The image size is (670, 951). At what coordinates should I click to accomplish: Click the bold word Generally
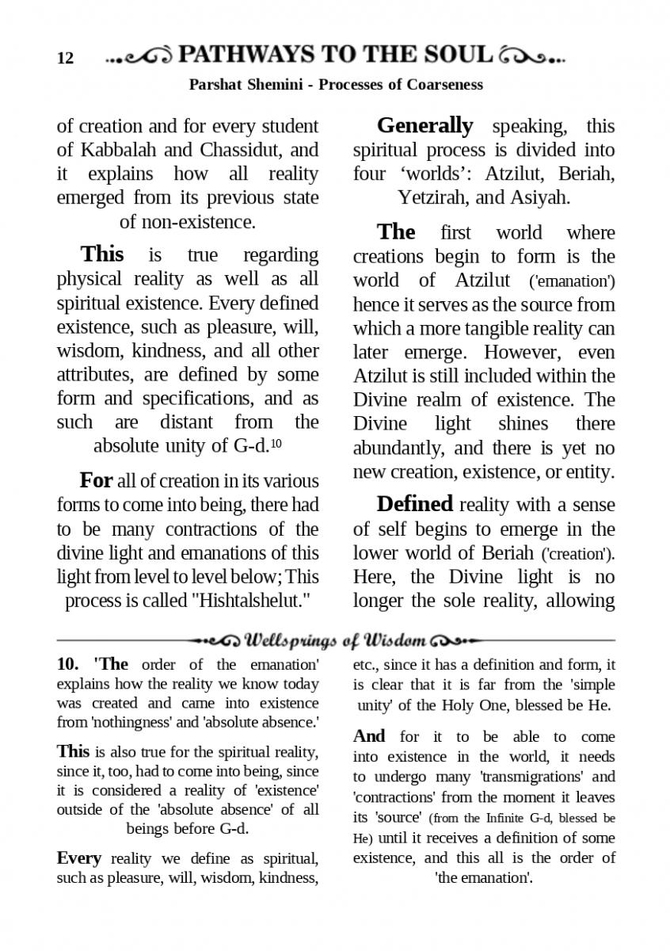pyautogui.click(x=424, y=126)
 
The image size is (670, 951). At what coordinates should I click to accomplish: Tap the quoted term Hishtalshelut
pyautogui.click(x=246, y=600)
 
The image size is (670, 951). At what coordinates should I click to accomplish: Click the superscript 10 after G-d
pyautogui.click(x=276, y=444)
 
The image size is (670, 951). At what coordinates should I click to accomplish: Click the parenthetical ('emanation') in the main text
pyautogui.click(x=572, y=281)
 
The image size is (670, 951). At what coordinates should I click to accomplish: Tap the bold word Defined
pyautogui.click(x=414, y=504)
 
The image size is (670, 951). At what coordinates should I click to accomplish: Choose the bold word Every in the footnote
pyautogui.click(x=79, y=858)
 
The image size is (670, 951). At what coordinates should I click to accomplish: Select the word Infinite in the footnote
pyautogui.click(x=525, y=818)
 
